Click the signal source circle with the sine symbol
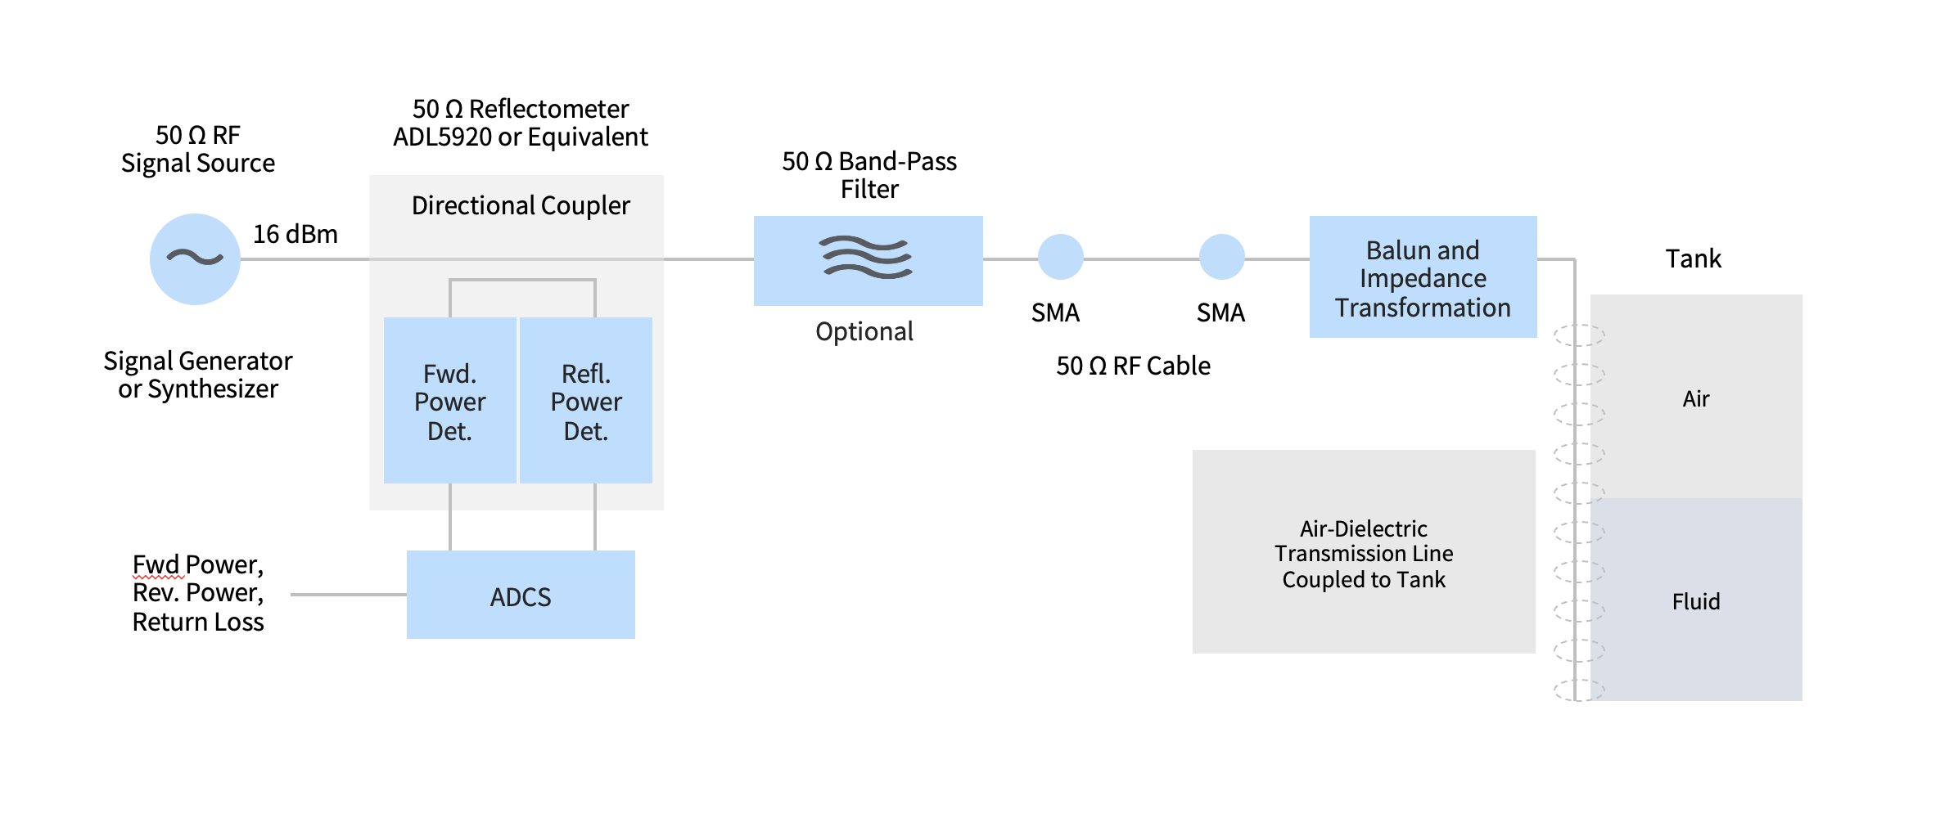point(195,259)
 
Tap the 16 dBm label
point(295,235)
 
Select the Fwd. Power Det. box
point(449,401)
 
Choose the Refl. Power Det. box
point(586,401)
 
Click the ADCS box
point(521,596)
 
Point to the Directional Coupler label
point(521,205)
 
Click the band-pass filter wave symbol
point(867,258)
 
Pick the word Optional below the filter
point(864,331)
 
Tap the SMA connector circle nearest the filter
point(1060,257)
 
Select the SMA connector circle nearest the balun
point(1221,257)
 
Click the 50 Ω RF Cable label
point(1133,366)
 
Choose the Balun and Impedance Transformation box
point(1423,277)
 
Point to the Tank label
point(1693,258)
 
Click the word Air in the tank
point(1695,399)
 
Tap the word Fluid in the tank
point(1695,602)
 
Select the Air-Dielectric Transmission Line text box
point(1364,553)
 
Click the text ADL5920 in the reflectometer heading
point(442,137)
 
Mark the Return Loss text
point(198,623)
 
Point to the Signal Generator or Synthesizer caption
point(198,375)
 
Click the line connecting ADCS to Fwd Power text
point(349,595)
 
